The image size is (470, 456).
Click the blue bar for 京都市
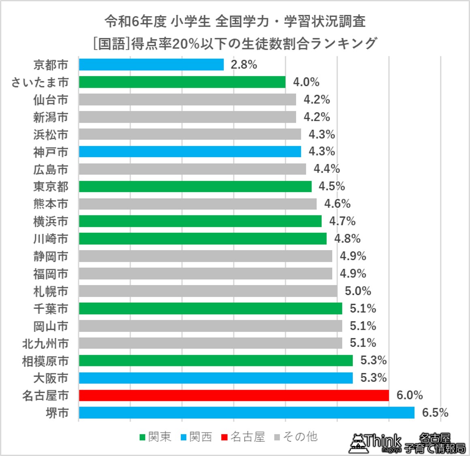pyautogui.click(x=151, y=64)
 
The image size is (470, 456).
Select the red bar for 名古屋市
pyautogui.click(x=234, y=395)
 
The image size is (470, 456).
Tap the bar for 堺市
pyautogui.click(x=246, y=413)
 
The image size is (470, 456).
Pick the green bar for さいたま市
pyautogui.click(x=182, y=82)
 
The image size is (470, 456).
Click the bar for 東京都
pyautogui.click(x=195, y=186)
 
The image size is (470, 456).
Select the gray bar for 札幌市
pyautogui.click(x=208, y=291)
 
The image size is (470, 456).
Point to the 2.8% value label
pyautogui.click(x=244, y=64)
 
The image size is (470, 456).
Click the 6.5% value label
pyautogui.click(x=435, y=413)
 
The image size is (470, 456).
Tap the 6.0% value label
pyautogui.click(x=410, y=395)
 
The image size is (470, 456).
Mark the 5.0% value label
pyautogui.click(x=358, y=291)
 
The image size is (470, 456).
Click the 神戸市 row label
pyautogui.click(x=51, y=152)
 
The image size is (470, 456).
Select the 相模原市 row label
pyautogui.click(x=45, y=361)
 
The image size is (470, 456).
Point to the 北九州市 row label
pyautogui.click(x=45, y=343)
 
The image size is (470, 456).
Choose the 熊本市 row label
pyautogui.click(x=51, y=204)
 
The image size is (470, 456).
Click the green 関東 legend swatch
pyautogui.click(x=142, y=437)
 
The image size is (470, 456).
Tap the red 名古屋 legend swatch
pyautogui.click(x=224, y=437)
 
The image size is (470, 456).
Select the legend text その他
pyautogui.click(x=300, y=437)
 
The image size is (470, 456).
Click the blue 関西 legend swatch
pyautogui.click(x=184, y=437)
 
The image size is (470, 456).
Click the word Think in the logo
pyautogui.click(x=382, y=441)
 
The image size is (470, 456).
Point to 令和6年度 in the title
pyautogui.click(x=135, y=21)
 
